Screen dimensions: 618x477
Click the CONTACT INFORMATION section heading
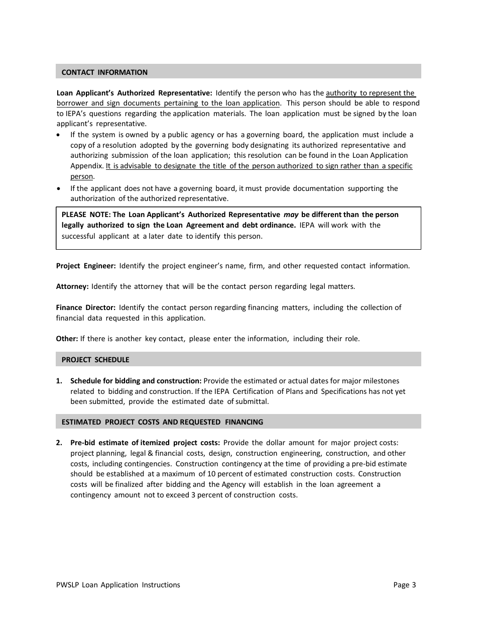pyautogui.click(x=104, y=72)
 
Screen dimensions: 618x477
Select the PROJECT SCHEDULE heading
pyautogui.click(x=95, y=360)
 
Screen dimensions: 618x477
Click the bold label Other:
pyautogui.click(x=67, y=339)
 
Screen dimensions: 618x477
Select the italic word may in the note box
pyautogui.click(x=291, y=215)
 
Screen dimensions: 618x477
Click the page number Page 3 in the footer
pyautogui.click(x=405, y=585)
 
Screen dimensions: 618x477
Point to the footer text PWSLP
pyautogui.click(x=67, y=585)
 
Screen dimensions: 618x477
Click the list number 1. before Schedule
pyautogui.click(x=59, y=381)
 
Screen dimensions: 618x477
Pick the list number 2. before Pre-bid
pyautogui.click(x=59, y=443)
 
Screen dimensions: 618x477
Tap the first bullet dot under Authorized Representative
pyautogui.click(x=60, y=135)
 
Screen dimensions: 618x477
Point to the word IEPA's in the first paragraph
pyautogui.click(x=74, y=114)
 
